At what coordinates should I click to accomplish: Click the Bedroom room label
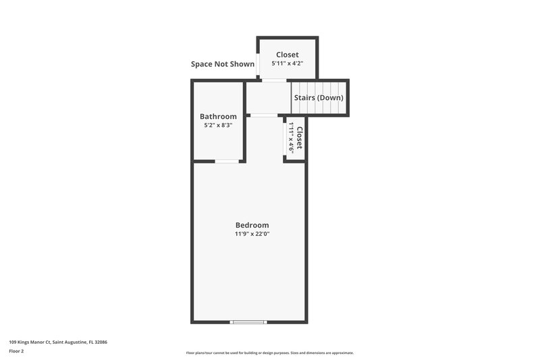click(x=252, y=225)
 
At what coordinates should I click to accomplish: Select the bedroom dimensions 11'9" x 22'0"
click(x=252, y=234)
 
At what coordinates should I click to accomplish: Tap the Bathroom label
click(x=218, y=116)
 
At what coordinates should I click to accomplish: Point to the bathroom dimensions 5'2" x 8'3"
click(x=218, y=125)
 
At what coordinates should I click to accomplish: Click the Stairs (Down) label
click(x=319, y=98)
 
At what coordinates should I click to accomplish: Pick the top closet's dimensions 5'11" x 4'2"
click(x=287, y=63)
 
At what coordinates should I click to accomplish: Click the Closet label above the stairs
click(x=287, y=55)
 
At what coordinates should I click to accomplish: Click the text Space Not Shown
click(x=223, y=64)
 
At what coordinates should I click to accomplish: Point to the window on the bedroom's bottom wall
click(x=248, y=322)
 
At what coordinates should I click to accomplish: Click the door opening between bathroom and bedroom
click(x=227, y=161)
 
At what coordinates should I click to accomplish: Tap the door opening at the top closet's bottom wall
click(x=274, y=80)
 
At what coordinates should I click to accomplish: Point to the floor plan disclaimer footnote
click(x=269, y=353)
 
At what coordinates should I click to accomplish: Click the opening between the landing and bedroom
click(x=264, y=115)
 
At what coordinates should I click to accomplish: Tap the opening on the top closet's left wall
click(x=257, y=64)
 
